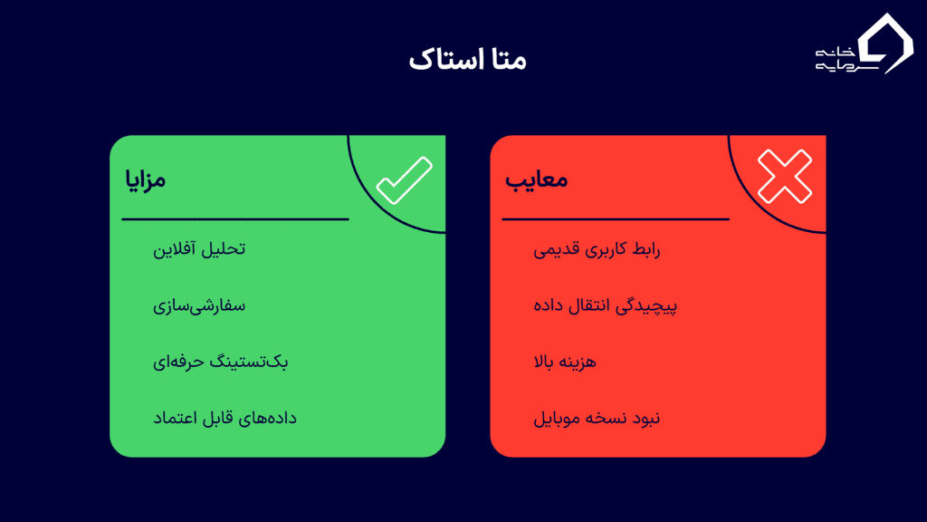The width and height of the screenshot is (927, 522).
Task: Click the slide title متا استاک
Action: [x=467, y=61]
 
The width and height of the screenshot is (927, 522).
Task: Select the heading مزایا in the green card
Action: [x=145, y=179]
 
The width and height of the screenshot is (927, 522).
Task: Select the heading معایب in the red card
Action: [x=536, y=179]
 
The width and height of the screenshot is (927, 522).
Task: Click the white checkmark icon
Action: [x=404, y=179]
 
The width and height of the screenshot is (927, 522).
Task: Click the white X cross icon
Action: [x=784, y=176]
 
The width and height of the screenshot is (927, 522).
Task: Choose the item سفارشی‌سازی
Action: [x=199, y=305]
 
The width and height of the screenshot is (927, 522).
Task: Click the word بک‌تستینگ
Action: [x=251, y=362]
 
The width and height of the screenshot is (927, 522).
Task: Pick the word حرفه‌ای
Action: [x=177, y=362]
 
